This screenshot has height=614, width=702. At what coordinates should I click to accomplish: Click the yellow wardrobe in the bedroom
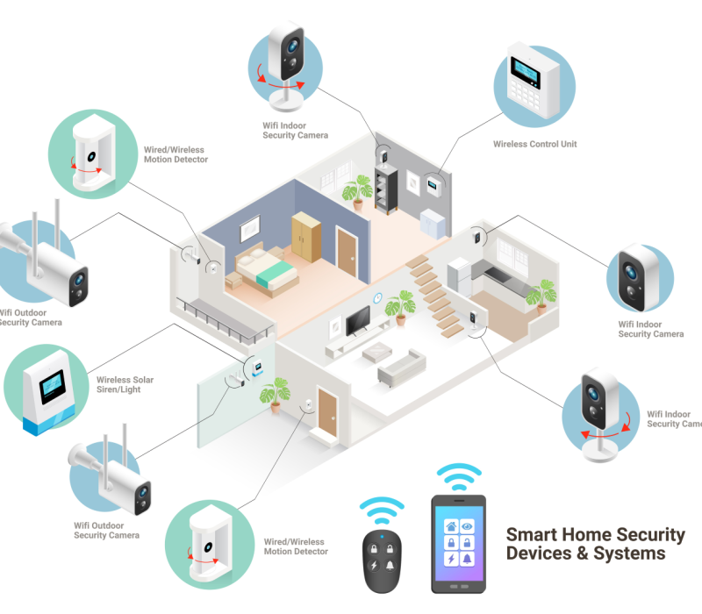tap(307, 234)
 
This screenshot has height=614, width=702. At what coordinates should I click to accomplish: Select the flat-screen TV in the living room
tap(361, 321)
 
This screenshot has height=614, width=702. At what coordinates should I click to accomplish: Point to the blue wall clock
tap(378, 297)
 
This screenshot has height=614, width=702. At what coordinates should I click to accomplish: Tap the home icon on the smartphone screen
tap(451, 526)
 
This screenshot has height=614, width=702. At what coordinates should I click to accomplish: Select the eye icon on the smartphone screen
tap(469, 526)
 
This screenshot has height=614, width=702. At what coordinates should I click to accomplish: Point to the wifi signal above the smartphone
tap(459, 477)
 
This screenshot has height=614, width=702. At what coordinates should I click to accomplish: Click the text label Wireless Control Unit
tap(534, 144)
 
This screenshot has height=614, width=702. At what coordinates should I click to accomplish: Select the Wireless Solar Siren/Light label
tap(125, 384)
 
